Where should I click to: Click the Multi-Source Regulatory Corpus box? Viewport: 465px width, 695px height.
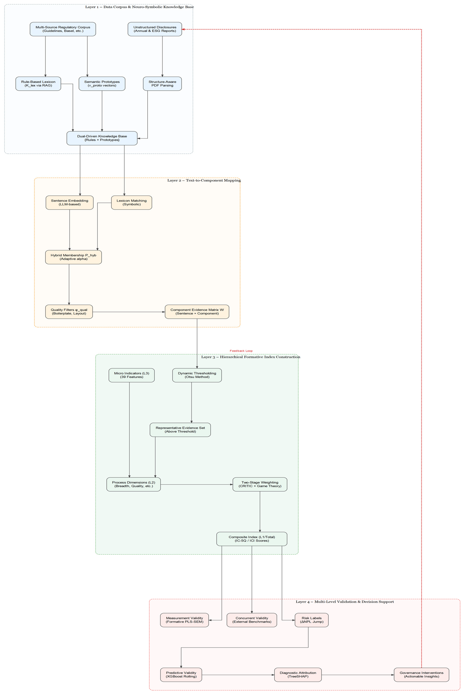(x=63, y=29)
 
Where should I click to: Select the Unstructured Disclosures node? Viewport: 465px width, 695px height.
(x=155, y=29)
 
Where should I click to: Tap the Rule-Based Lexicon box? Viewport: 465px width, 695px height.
(x=38, y=84)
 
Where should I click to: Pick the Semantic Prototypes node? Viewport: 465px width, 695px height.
(x=102, y=84)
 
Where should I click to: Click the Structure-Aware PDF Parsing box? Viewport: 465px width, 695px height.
(x=162, y=84)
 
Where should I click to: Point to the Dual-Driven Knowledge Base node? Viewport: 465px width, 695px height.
(x=102, y=138)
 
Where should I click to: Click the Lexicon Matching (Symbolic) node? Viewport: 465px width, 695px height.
(x=132, y=202)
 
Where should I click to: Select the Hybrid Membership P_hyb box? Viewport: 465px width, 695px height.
(x=74, y=257)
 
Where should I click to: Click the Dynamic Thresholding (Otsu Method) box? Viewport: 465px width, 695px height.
(x=197, y=375)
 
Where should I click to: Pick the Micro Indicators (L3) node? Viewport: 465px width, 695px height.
(x=132, y=375)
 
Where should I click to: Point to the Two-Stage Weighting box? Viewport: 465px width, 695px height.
(x=260, y=484)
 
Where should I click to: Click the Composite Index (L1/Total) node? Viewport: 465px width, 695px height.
(x=252, y=539)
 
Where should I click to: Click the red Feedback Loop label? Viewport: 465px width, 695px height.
(x=241, y=351)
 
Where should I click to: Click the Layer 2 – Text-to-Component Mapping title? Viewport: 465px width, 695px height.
(x=204, y=181)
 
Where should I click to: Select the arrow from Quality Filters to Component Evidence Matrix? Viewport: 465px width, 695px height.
(x=129, y=312)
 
